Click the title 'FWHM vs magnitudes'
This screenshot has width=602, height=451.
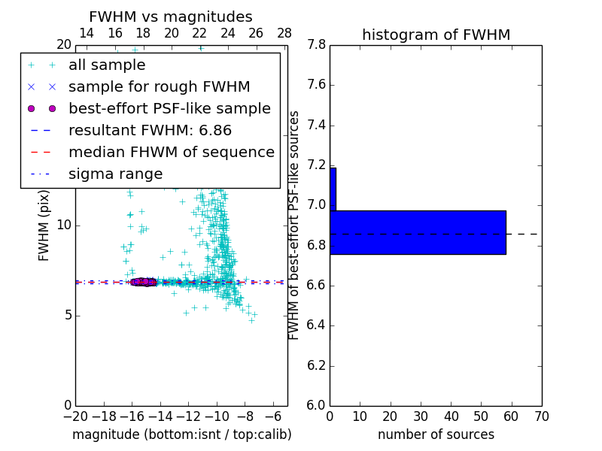(x=171, y=17)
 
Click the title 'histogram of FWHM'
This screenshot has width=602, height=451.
(x=436, y=35)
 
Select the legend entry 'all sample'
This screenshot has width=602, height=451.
(x=107, y=65)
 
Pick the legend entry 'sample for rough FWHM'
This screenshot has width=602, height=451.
(x=159, y=87)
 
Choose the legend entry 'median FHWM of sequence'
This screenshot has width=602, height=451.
(x=171, y=152)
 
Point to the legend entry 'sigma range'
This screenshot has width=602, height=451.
(x=115, y=174)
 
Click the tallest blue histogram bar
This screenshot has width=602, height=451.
(x=418, y=232)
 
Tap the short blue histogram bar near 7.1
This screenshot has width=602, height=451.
(x=333, y=189)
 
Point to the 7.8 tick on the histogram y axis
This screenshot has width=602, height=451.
(x=316, y=45)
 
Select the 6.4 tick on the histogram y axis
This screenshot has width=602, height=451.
(x=316, y=325)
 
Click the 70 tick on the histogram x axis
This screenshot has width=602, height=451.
(x=541, y=416)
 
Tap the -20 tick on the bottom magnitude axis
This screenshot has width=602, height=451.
(x=75, y=416)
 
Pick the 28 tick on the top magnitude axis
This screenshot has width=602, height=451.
(x=284, y=33)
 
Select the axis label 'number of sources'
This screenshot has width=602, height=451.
(x=436, y=434)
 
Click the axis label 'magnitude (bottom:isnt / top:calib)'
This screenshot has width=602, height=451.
(x=181, y=434)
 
